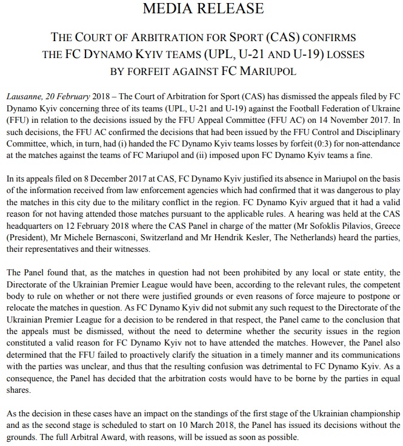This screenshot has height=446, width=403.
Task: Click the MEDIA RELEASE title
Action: coord(202,8)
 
